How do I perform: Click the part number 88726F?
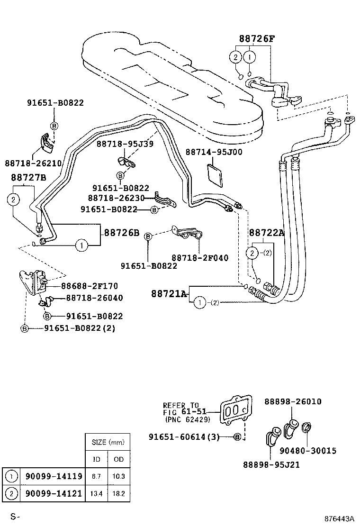point(256,39)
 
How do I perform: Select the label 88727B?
point(28,178)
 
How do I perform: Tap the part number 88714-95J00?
point(214,152)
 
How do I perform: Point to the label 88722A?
point(266,232)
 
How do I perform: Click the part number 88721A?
point(169,294)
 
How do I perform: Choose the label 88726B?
point(122,233)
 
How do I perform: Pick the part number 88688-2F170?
point(89,286)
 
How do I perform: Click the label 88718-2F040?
point(199,258)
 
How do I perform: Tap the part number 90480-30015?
point(308,451)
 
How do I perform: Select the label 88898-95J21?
point(272,465)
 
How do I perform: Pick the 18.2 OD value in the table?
point(118,493)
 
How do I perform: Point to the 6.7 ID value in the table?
point(96,476)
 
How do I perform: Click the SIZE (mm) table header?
point(108,442)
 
